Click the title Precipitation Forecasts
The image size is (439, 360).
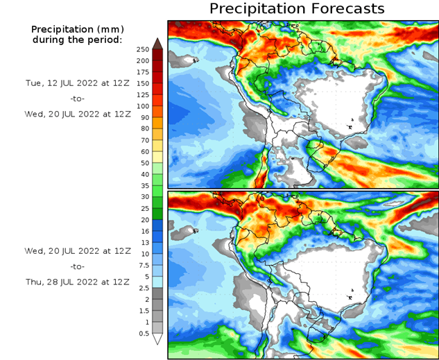point(296,9)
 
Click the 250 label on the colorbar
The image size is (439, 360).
point(143,49)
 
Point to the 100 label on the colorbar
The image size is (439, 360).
point(143,106)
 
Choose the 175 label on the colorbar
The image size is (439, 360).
point(143,72)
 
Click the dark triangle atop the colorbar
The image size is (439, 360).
point(157,43)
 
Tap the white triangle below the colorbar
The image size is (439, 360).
point(157,339)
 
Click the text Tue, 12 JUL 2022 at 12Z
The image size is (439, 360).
point(77,83)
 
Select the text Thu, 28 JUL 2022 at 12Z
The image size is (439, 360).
point(77,282)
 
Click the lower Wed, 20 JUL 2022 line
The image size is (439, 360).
point(77,250)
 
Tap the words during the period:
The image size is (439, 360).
point(77,40)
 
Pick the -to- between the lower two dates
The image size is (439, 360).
point(77,266)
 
